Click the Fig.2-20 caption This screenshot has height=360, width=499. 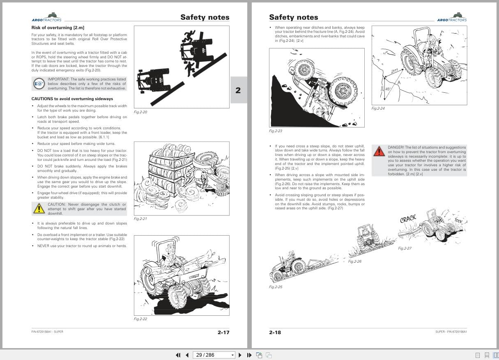(x=140, y=112)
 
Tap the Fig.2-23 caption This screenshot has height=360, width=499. (x=275, y=131)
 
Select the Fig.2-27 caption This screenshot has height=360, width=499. (x=405, y=248)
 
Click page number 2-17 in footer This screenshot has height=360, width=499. (x=223, y=332)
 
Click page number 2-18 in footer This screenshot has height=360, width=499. (x=275, y=332)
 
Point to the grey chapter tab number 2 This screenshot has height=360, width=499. (x=238, y=90)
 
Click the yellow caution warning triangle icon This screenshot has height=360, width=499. (x=39, y=209)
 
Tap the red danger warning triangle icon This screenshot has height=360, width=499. (x=379, y=151)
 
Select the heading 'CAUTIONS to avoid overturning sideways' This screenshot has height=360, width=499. (x=72, y=99)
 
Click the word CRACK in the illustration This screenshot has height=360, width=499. (x=408, y=219)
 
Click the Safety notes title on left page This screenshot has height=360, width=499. (x=205, y=17)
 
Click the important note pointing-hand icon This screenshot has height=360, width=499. (x=39, y=84)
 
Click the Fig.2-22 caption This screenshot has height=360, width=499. (x=140, y=319)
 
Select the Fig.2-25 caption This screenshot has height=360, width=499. (x=276, y=287)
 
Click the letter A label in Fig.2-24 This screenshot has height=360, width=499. (x=398, y=82)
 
